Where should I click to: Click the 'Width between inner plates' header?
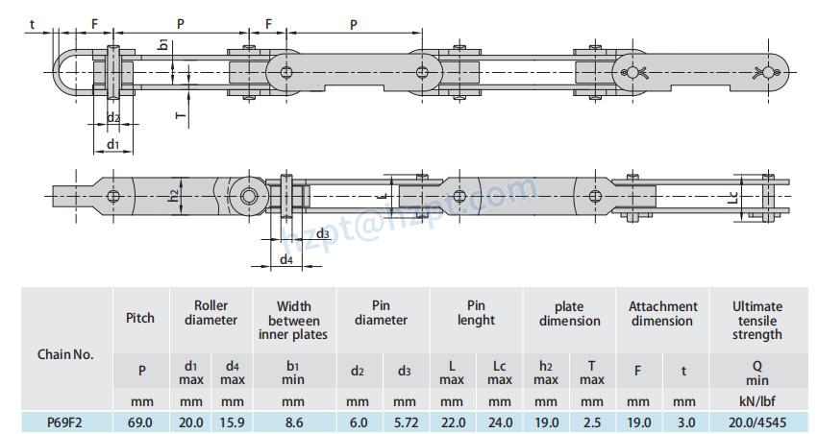click(293, 321)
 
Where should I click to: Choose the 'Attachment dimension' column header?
click(662, 314)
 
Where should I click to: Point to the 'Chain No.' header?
click(65, 354)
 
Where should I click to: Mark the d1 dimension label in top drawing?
click(112, 144)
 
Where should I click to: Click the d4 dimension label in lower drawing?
click(286, 259)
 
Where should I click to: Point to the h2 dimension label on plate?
click(174, 196)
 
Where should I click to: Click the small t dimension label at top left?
click(32, 23)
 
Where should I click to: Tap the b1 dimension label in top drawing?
click(164, 44)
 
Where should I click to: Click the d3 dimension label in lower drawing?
click(323, 234)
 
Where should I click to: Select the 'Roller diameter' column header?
click(211, 314)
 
